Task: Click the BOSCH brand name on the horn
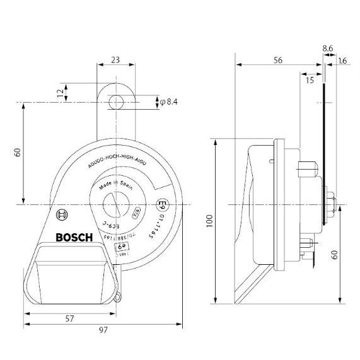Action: (74, 238)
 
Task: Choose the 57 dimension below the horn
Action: (71, 318)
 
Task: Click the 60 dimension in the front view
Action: (17, 153)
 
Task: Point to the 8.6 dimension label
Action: (327, 47)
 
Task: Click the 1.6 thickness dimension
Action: (343, 61)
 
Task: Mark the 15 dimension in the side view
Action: (310, 80)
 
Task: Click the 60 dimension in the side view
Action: (335, 255)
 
